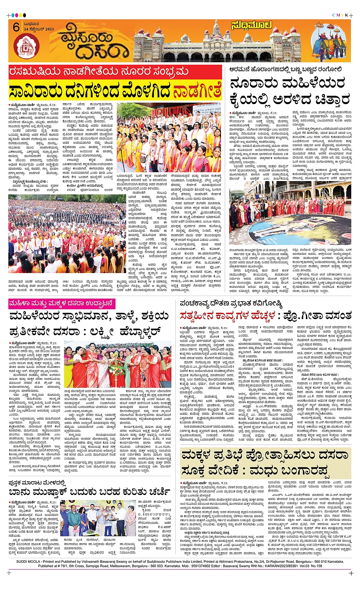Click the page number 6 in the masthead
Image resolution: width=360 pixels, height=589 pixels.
16,27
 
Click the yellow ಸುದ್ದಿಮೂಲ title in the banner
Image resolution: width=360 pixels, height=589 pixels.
251,26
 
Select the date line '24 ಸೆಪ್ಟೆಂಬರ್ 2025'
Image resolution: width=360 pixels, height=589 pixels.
38,29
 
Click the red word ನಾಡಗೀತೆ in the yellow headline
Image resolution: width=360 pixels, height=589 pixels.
197,92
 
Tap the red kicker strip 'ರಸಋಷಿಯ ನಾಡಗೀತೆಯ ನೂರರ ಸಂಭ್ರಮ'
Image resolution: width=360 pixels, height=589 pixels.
99,72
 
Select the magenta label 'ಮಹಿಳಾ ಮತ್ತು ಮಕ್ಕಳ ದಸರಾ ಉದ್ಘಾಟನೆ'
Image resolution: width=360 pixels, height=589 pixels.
62,303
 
